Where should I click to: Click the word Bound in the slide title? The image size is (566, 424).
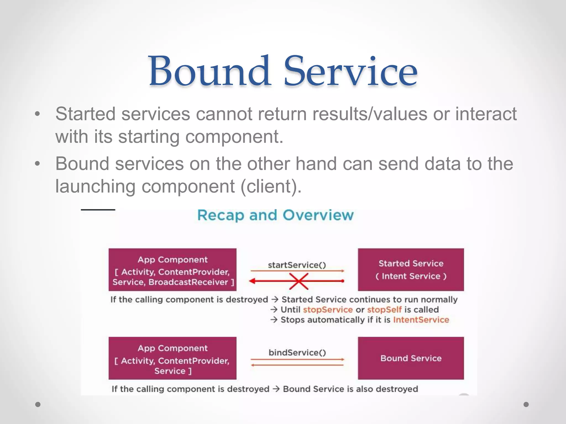(x=209, y=71)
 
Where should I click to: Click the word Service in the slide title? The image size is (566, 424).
(x=350, y=71)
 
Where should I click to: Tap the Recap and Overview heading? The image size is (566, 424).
(x=275, y=215)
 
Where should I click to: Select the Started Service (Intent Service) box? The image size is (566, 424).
(x=411, y=269)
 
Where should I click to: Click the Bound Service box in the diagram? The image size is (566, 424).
(x=411, y=358)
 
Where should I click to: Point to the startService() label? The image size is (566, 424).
(x=297, y=265)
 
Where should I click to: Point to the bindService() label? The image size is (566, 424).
(x=297, y=353)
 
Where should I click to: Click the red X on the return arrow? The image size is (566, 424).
(x=299, y=281)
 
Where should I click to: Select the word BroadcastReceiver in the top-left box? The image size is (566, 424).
(x=188, y=282)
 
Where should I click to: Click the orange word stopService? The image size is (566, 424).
(x=328, y=310)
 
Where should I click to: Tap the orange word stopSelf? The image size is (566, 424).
(x=384, y=310)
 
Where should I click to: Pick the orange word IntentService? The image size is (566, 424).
(x=421, y=320)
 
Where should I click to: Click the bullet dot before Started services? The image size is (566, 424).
(x=38, y=114)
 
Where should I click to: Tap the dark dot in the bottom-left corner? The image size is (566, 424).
(x=38, y=404)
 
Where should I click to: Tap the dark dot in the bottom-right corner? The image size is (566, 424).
(x=526, y=404)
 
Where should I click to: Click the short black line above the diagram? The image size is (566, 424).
(x=98, y=210)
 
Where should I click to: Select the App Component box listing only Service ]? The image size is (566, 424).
(x=172, y=358)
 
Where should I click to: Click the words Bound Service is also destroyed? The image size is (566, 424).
(x=350, y=389)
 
